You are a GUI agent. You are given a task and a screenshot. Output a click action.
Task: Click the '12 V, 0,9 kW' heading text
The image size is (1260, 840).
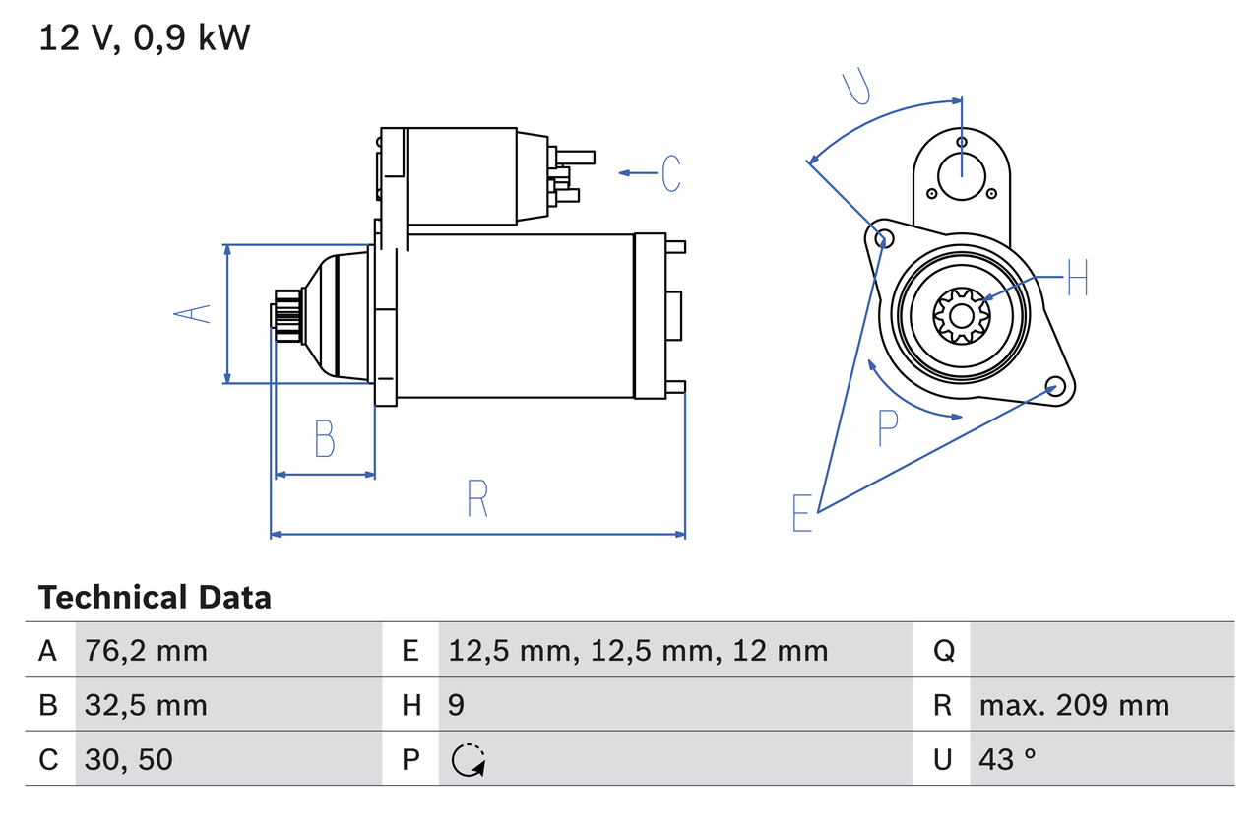click(144, 38)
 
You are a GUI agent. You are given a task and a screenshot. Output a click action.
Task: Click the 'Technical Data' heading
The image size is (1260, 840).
click(155, 598)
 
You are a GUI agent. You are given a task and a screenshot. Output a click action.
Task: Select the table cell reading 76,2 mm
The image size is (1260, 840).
click(146, 651)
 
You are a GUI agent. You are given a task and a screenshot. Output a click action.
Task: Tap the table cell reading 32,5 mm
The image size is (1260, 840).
click(146, 705)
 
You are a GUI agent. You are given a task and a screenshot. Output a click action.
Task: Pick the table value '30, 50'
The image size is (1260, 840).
click(129, 759)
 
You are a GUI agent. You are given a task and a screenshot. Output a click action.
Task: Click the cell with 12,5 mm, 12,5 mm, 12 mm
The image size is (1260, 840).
click(638, 651)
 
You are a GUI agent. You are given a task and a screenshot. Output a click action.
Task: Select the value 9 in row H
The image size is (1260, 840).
click(457, 705)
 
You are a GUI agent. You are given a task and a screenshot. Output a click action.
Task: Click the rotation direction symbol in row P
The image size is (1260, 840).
click(468, 759)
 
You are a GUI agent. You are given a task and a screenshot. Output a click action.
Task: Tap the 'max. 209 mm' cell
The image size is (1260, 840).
click(1074, 705)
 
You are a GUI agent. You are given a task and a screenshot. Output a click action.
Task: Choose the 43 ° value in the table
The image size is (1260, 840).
click(1008, 759)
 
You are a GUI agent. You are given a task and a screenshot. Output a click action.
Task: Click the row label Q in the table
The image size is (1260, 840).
click(943, 651)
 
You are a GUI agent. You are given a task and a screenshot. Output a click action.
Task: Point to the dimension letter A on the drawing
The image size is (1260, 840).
click(193, 314)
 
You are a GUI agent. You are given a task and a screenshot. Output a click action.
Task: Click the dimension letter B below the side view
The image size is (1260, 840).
click(324, 439)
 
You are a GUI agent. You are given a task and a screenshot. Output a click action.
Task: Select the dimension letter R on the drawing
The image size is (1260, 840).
click(477, 498)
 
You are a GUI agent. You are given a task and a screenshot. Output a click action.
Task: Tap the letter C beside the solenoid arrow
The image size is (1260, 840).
click(670, 173)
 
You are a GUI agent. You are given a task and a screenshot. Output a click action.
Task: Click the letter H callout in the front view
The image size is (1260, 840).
click(1078, 279)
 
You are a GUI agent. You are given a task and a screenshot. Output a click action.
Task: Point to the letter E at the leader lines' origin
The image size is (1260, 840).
click(802, 513)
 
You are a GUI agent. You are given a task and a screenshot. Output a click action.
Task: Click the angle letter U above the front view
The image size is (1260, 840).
click(857, 87)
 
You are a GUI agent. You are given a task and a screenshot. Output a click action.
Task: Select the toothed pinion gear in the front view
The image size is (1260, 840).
click(961, 315)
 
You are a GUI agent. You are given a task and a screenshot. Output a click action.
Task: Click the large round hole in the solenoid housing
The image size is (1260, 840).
click(961, 175)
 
